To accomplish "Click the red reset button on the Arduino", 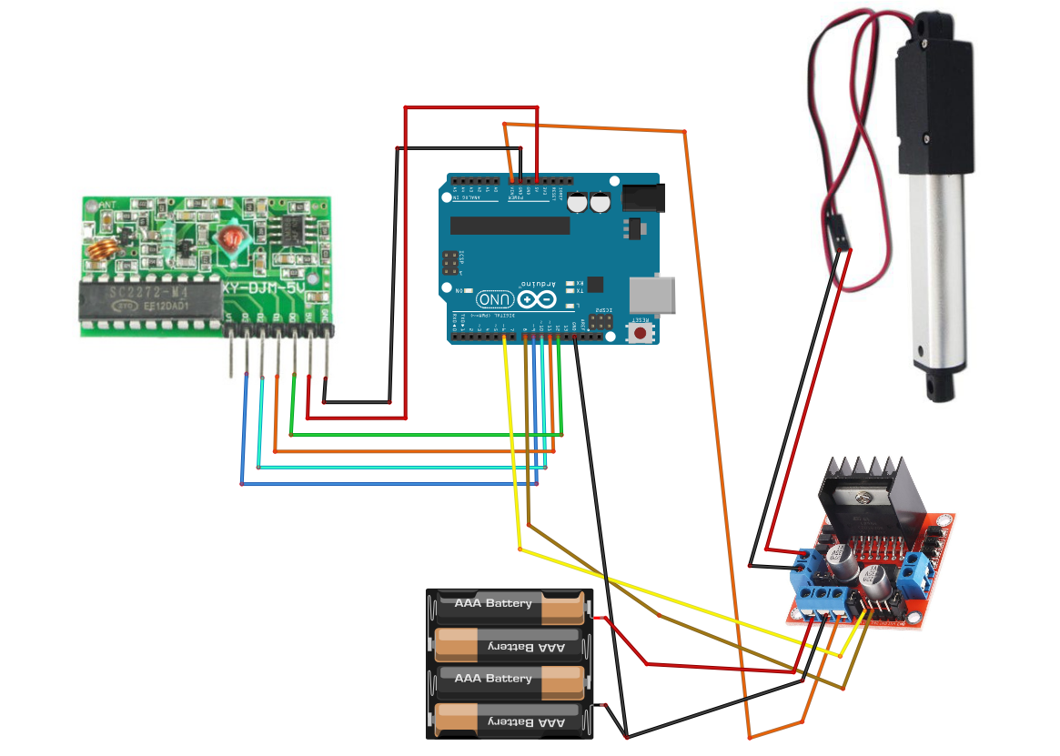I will [x=641, y=333].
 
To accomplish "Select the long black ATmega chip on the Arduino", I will [x=504, y=225].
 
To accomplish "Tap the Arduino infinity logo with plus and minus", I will [x=537, y=298].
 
